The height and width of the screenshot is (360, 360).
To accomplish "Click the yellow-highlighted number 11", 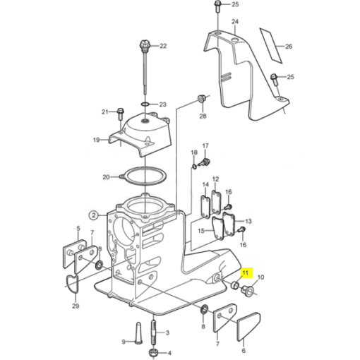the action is (x=246, y=273).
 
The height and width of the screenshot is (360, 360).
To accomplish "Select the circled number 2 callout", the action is (x=94, y=215).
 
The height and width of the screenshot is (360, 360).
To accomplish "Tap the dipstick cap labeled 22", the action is (x=143, y=45).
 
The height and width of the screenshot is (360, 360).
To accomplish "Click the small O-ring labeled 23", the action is (x=145, y=104).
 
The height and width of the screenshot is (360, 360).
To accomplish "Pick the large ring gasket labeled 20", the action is (x=143, y=176).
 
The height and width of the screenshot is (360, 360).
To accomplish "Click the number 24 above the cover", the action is (x=235, y=22).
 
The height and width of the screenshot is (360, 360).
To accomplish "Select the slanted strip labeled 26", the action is (x=271, y=45).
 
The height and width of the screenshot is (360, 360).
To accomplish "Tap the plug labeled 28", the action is (x=202, y=98).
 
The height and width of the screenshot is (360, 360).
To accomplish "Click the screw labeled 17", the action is (x=205, y=162).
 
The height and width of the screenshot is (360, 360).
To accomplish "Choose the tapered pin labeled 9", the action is (x=138, y=332).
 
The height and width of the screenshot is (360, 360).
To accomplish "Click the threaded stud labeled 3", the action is (x=153, y=332).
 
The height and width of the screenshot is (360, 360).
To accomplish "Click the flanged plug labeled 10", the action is (x=247, y=291).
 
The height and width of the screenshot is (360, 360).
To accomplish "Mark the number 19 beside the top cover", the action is (x=97, y=140).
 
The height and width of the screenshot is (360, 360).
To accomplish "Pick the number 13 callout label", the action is (x=248, y=221).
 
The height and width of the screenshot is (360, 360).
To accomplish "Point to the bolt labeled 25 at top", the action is (x=217, y=6).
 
